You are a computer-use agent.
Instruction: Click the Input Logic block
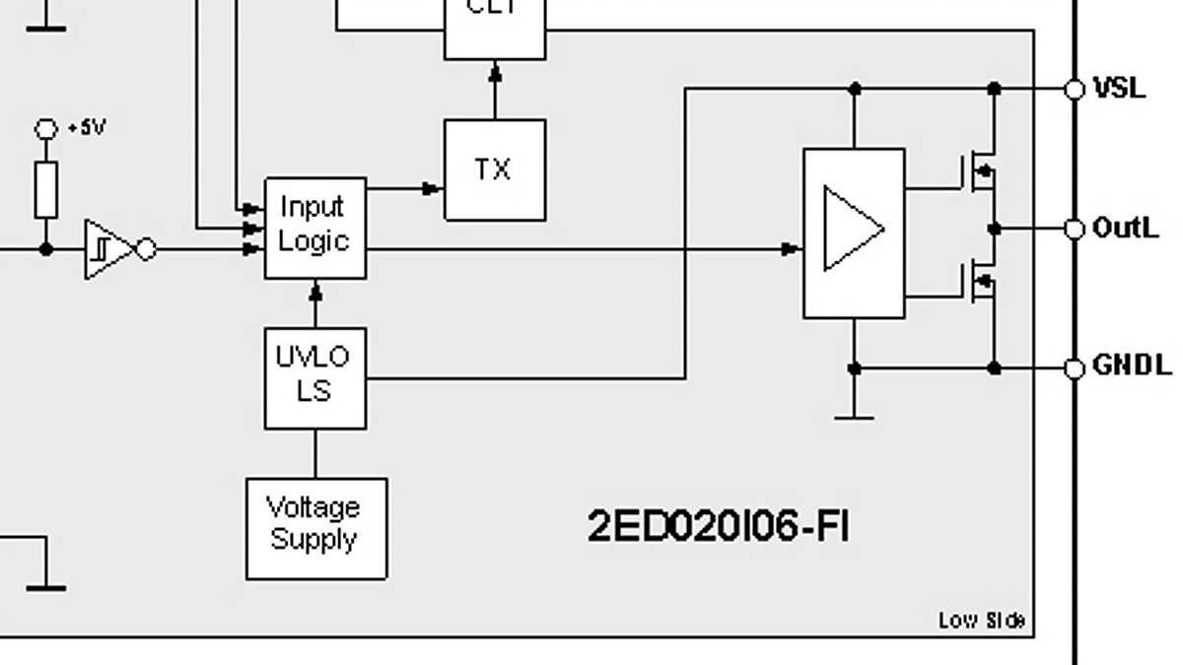click(314, 228)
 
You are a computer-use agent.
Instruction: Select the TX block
click(494, 169)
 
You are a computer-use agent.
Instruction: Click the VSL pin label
click(1120, 89)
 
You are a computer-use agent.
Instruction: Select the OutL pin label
click(1125, 229)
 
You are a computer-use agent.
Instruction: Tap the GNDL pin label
click(1132, 367)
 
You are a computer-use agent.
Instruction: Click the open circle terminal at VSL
click(1075, 90)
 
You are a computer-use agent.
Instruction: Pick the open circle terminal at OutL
click(1075, 229)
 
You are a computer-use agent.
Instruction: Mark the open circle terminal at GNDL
click(1075, 368)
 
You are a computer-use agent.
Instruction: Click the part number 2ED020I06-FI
click(718, 527)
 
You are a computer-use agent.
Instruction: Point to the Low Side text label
click(981, 620)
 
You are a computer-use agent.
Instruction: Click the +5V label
click(87, 128)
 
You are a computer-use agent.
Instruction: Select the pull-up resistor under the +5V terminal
click(46, 190)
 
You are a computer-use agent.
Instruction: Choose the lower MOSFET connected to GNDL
click(978, 286)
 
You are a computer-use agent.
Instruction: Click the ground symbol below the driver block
click(854, 414)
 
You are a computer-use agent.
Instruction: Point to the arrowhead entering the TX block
click(431, 188)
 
